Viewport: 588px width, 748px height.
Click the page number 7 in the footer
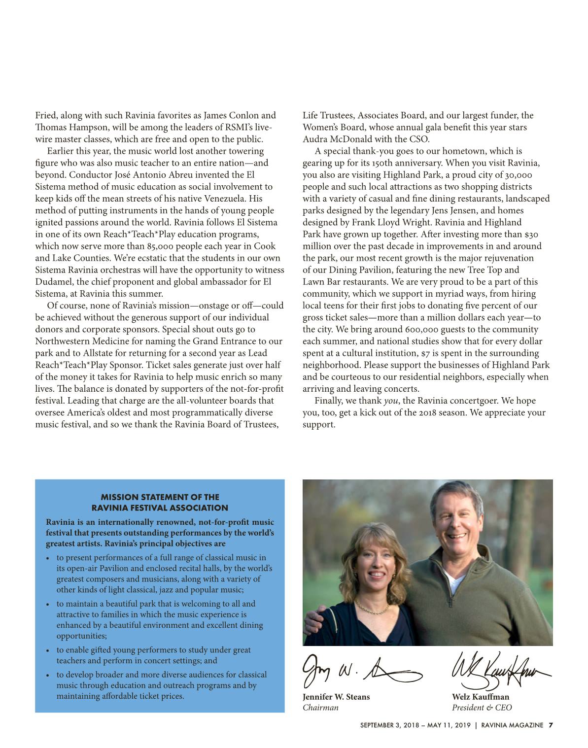point(551,725)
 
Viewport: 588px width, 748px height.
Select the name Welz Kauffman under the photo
point(480,697)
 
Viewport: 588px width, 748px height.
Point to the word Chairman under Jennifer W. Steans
point(320,708)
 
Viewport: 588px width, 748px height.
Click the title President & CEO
point(482,708)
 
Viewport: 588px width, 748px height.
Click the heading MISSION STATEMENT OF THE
point(160,497)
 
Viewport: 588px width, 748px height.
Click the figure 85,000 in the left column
point(163,246)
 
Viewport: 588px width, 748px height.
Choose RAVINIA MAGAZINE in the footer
point(512,725)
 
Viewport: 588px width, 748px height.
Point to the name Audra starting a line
point(314,139)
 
